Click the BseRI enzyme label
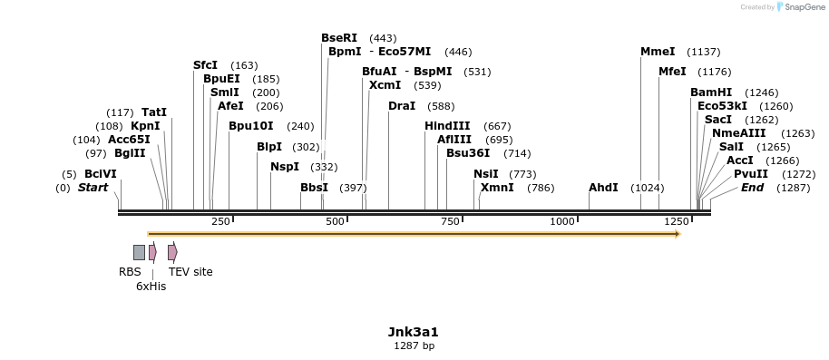[x=339, y=38]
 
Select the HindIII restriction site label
[x=447, y=126]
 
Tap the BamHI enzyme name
[x=711, y=92]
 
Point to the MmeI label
[x=658, y=52]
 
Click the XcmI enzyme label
[x=385, y=85]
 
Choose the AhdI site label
[x=603, y=188]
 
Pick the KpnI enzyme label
[x=145, y=126]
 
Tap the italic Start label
[x=93, y=188]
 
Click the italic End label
[x=752, y=188]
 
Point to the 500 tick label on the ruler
[x=336, y=221]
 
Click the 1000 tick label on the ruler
[x=562, y=221]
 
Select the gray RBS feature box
[x=139, y=252]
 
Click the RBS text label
[x=130, y=271]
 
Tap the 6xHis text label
[x=151, y=286]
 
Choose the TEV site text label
[x=190, y=271]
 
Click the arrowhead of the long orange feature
[x=677, y=234]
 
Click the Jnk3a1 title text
[x=414, y=332]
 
